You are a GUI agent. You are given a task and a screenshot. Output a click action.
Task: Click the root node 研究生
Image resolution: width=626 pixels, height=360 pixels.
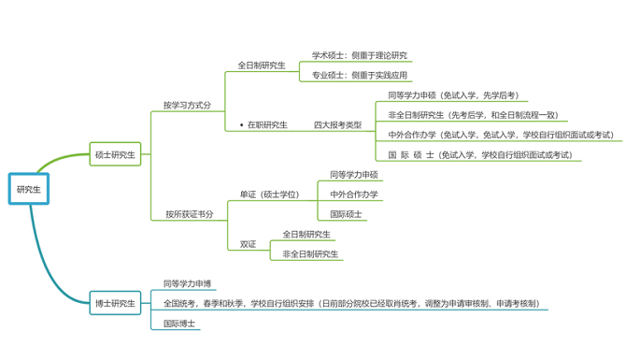(28, 189)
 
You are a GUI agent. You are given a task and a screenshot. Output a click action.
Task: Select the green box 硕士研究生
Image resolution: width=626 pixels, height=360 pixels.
(115, 155)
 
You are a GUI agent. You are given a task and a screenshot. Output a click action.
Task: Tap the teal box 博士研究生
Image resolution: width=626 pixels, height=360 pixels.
(115, 303)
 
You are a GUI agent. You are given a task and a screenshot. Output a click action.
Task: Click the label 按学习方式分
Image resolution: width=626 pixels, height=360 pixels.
(187, 105)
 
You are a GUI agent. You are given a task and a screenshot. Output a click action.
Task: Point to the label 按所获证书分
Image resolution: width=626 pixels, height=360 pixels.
(190, 214)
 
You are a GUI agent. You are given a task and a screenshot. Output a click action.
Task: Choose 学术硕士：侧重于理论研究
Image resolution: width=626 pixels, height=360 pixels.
(360, 56)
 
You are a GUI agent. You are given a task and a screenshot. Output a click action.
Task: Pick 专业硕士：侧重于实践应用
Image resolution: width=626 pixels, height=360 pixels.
(360, 76)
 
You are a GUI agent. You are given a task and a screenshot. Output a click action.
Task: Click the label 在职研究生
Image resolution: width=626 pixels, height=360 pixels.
(268, 124)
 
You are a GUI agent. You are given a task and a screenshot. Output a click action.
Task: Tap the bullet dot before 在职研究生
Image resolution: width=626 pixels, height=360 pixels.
(242, 124)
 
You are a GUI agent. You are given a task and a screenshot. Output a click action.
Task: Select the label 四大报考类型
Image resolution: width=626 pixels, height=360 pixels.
(337, 124)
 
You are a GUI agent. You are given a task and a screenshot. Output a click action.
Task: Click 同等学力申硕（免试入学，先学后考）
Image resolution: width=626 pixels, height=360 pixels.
(453, 95)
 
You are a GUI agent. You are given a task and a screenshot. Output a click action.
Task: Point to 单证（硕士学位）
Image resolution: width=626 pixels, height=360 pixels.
(269, 194)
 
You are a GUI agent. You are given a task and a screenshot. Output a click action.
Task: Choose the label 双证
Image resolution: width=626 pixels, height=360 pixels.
(248, 244)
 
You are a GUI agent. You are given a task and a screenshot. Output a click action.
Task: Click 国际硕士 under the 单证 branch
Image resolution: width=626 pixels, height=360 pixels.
(346, 214)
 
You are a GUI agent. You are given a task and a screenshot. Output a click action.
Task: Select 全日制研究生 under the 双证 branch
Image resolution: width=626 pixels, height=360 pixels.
(306, 235)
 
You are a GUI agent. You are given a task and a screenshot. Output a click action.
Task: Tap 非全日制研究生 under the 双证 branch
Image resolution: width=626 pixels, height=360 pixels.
(310, 254)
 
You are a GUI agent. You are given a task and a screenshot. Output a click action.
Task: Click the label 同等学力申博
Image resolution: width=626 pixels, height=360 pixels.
(187, 283)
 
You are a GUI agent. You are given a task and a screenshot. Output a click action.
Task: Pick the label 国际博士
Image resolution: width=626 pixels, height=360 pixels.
(179, 324)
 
